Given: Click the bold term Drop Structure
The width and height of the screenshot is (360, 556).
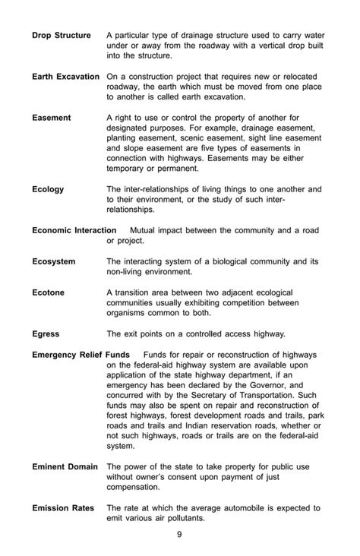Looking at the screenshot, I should (x=62, y=35).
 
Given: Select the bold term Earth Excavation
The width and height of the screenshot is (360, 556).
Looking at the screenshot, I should (x=66, y=77).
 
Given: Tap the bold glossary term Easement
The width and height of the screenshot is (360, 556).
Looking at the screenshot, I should (x=52, y=118).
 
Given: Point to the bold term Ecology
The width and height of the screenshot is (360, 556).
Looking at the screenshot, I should (x=48, y=189).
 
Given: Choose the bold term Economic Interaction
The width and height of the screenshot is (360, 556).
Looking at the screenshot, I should (x=74, y=230).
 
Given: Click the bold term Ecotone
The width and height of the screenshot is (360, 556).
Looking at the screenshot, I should (x=49, y=292).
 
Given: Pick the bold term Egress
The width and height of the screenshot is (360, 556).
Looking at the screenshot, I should (x=46, y=333).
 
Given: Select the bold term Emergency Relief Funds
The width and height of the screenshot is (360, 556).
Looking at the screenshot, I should (x=81, y=355).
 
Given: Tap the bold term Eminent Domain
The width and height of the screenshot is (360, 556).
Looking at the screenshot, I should (x=65, y=466).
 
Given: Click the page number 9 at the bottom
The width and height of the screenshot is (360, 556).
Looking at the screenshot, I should (x=179, y=534).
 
